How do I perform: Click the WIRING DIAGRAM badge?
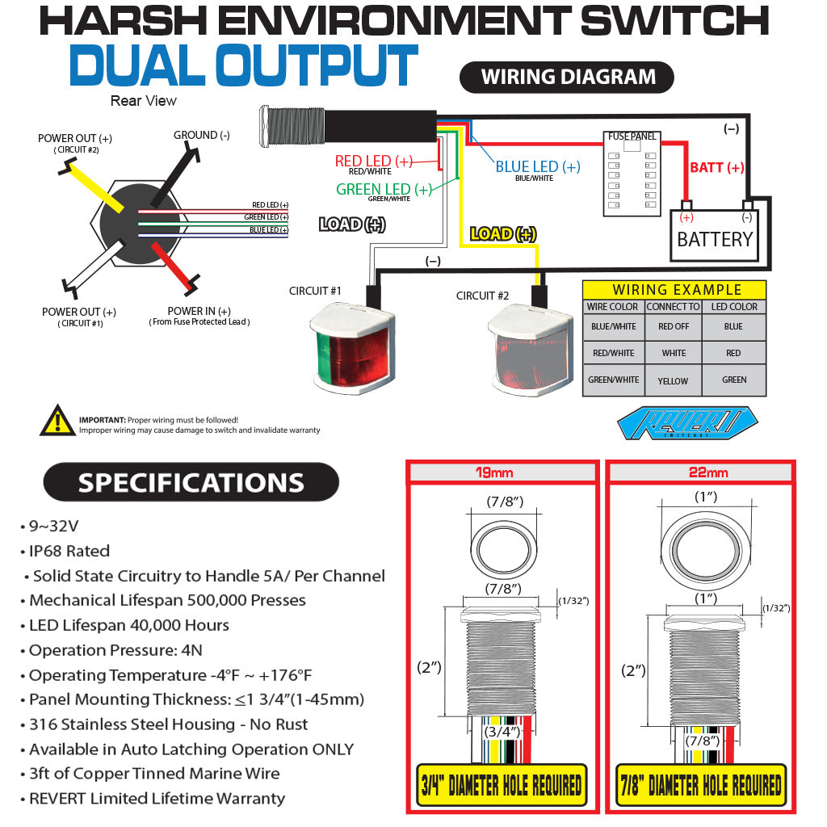[567, 78]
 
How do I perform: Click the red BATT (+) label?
[716, 168]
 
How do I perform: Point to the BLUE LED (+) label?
[537, 167]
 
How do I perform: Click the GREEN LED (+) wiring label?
[384, 190]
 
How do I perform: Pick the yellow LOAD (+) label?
[502, 234]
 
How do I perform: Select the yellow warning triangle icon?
[57, 421]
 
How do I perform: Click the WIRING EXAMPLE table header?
[676, 290]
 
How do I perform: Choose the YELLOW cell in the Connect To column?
[673, 380]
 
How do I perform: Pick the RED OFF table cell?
[673, 327]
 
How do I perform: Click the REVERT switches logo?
[686, 424]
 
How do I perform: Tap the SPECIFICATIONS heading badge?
[191, 483]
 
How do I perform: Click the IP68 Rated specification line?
[69, 552]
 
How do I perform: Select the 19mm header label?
[502, 472]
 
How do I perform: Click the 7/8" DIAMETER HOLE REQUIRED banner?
[700, 785]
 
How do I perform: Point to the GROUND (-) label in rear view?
[202, 136]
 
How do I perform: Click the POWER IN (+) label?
[199, 312]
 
